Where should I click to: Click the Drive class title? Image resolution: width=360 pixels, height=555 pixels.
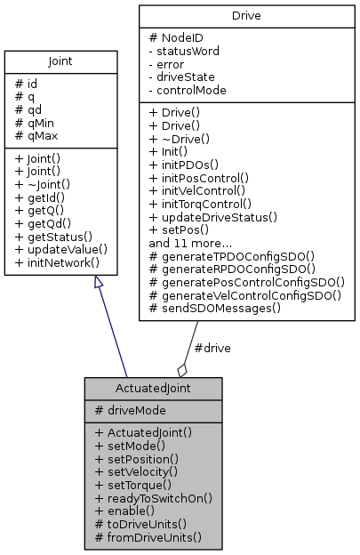point(246,15)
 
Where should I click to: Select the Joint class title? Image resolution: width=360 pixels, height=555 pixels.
point(61,62)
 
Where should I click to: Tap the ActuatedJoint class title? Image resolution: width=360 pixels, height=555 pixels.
point(153,388)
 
